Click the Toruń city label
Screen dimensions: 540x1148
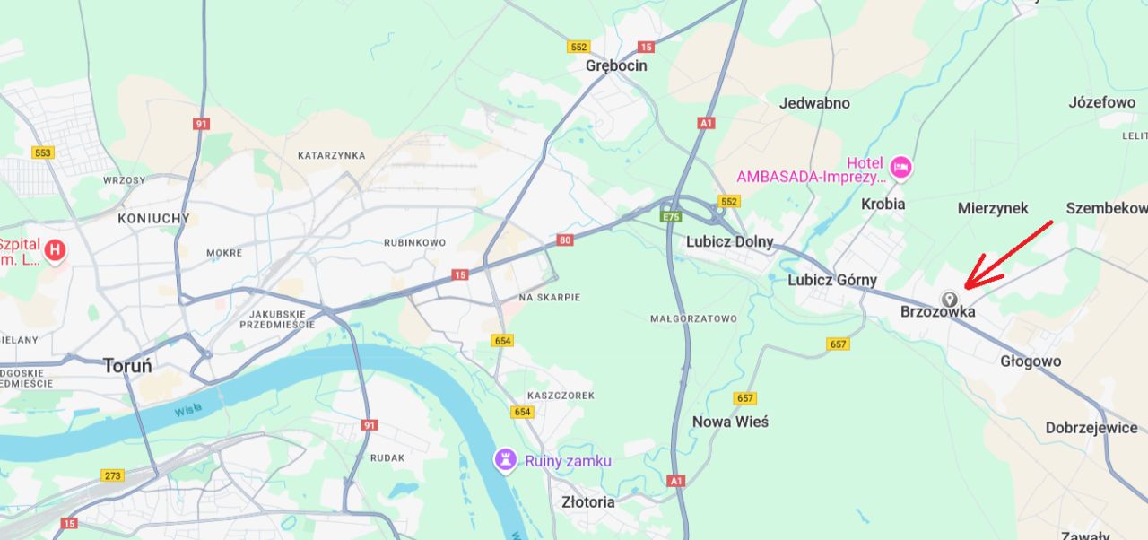coord(127,366)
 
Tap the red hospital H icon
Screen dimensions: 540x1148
coord(56,250)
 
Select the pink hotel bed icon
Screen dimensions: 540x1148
coord(900,166)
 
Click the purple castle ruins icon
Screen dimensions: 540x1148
coord(507,460)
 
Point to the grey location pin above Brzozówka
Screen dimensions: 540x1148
coord(949,299)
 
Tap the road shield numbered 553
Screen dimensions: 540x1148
coord(42,152)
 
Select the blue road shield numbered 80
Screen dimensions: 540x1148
coord(564,240)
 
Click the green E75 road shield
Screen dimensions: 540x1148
coord(670,217)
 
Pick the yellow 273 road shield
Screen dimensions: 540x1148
coord(113,475)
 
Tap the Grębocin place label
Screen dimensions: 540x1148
coord(616,65)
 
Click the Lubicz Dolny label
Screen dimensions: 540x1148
coord(729,241)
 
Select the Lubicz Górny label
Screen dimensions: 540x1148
coord(831,280)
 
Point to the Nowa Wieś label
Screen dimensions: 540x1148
coord(730,422)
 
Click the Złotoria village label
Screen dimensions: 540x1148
coord(587,501)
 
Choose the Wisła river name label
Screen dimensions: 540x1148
coord(188,410)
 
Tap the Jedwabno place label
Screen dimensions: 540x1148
coord(814,103)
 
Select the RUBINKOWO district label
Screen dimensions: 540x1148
coord(414,242)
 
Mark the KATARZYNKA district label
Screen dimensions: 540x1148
coord(331,155)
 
